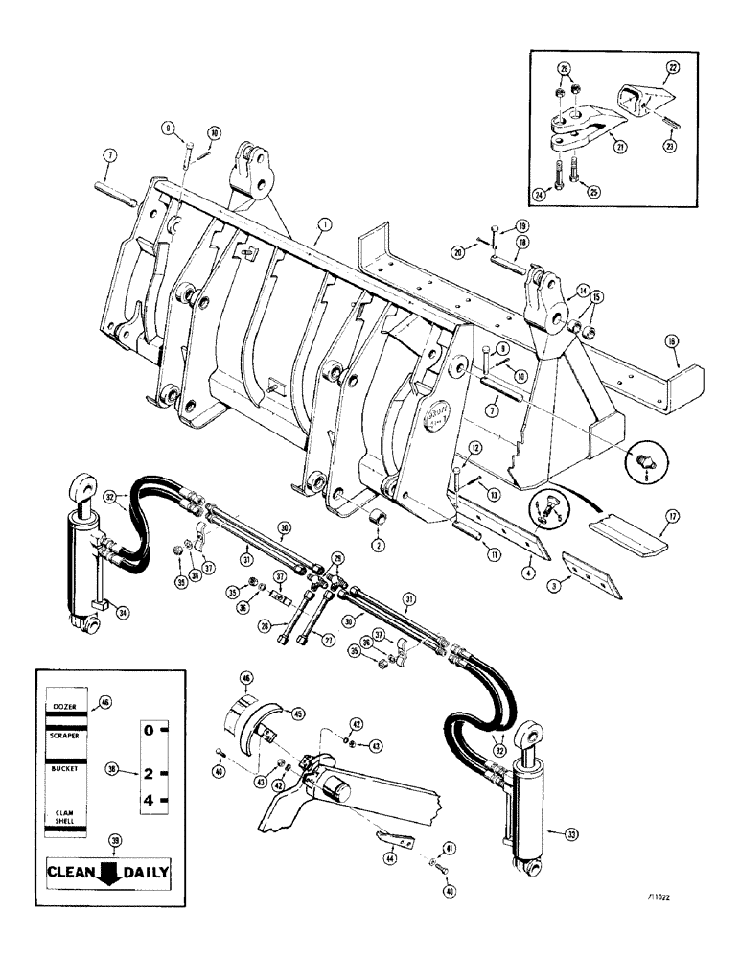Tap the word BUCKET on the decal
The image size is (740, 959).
pyautogui.click(x=63, y=769)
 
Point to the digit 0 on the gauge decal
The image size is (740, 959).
pyautogui.click(x=149, y=731)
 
